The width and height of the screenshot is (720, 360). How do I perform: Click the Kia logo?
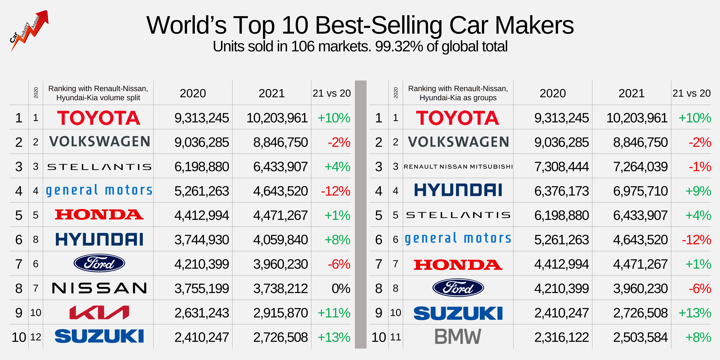coord(99,313)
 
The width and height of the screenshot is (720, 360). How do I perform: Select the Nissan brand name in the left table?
coord(99,288)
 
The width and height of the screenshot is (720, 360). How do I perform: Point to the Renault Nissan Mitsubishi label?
coord(458,167)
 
